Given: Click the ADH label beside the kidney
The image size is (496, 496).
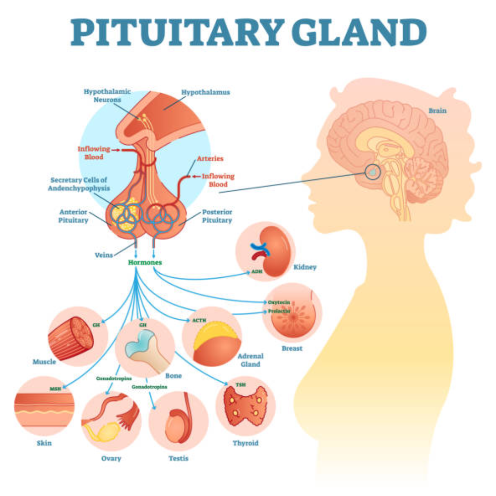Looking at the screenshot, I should pos(256,272).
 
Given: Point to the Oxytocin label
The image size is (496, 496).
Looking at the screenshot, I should pos(278,302).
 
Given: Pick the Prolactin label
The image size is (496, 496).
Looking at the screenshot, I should pos(279,311).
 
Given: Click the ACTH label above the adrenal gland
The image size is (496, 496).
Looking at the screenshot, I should pos(199,320).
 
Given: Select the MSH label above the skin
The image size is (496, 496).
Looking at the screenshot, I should pos(55,389).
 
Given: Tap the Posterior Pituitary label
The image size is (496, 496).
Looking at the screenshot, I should pos(217,216).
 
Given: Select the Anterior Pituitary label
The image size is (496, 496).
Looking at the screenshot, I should pos(74,216).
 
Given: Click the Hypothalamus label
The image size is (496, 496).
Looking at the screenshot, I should pos(205,92).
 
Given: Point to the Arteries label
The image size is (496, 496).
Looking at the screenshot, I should pos(210,158).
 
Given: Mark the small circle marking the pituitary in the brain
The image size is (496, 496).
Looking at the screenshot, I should pos(373,172).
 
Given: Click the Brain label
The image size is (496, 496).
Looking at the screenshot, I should pos(437,111).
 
